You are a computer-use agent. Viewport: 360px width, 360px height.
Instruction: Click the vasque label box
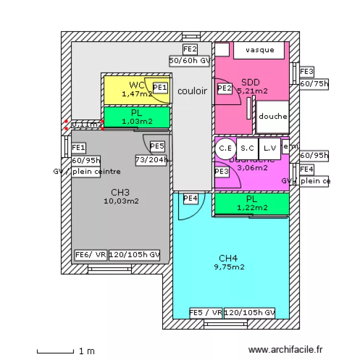coord(260,50)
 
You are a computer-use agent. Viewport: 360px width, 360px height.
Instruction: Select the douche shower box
coord(273,117)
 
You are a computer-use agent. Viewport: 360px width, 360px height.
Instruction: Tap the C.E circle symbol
coord(225,148)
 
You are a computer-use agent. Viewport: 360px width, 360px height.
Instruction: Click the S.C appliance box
coord(247,148)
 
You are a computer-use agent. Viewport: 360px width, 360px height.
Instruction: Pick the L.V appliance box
coord(269,148)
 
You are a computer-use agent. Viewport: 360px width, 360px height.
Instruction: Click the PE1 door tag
coord(160,87)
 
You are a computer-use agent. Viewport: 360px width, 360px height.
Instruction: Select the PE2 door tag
coord(225,88)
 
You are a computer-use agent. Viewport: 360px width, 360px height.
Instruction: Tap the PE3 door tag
coord(222,171)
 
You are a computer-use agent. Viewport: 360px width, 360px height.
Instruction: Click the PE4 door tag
coord(191,198)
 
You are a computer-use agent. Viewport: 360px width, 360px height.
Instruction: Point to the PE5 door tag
coord(157,146)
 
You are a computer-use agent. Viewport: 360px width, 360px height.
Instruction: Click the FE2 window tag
coord(190,49)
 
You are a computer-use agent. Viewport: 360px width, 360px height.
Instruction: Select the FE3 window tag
coord(307,72)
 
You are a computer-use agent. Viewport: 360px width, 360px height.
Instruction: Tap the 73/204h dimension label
coord(151,160)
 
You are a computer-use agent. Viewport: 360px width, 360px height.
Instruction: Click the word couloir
coord(192,91)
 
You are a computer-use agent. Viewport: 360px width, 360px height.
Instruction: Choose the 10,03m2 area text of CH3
coord(121,202)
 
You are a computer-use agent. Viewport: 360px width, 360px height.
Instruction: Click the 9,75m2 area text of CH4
coord(229,267)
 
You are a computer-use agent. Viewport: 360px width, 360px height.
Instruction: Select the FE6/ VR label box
coord(91,255)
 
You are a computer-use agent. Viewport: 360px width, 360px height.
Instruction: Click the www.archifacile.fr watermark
coord(286,351)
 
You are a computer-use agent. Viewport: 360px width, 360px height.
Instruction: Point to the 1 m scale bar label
coord(86,351)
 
